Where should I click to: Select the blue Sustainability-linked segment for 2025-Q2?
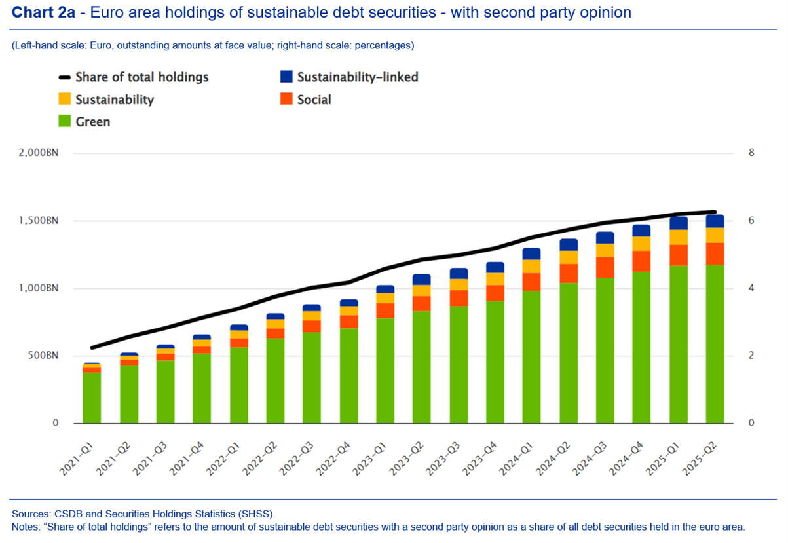[715, 221]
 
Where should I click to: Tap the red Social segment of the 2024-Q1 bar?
[531, 282]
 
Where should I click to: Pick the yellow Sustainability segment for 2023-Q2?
[422, 290]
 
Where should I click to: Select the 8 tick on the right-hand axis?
[751, 153]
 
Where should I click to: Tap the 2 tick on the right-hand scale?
[751, 356]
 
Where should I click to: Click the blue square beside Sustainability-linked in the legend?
[286, 77]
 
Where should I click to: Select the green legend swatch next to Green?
[64, 122]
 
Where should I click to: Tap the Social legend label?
[314, 100]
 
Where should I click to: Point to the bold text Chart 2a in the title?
[41, 12]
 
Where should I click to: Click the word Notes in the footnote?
[25, 527]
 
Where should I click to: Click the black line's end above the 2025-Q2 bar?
[715, 212]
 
